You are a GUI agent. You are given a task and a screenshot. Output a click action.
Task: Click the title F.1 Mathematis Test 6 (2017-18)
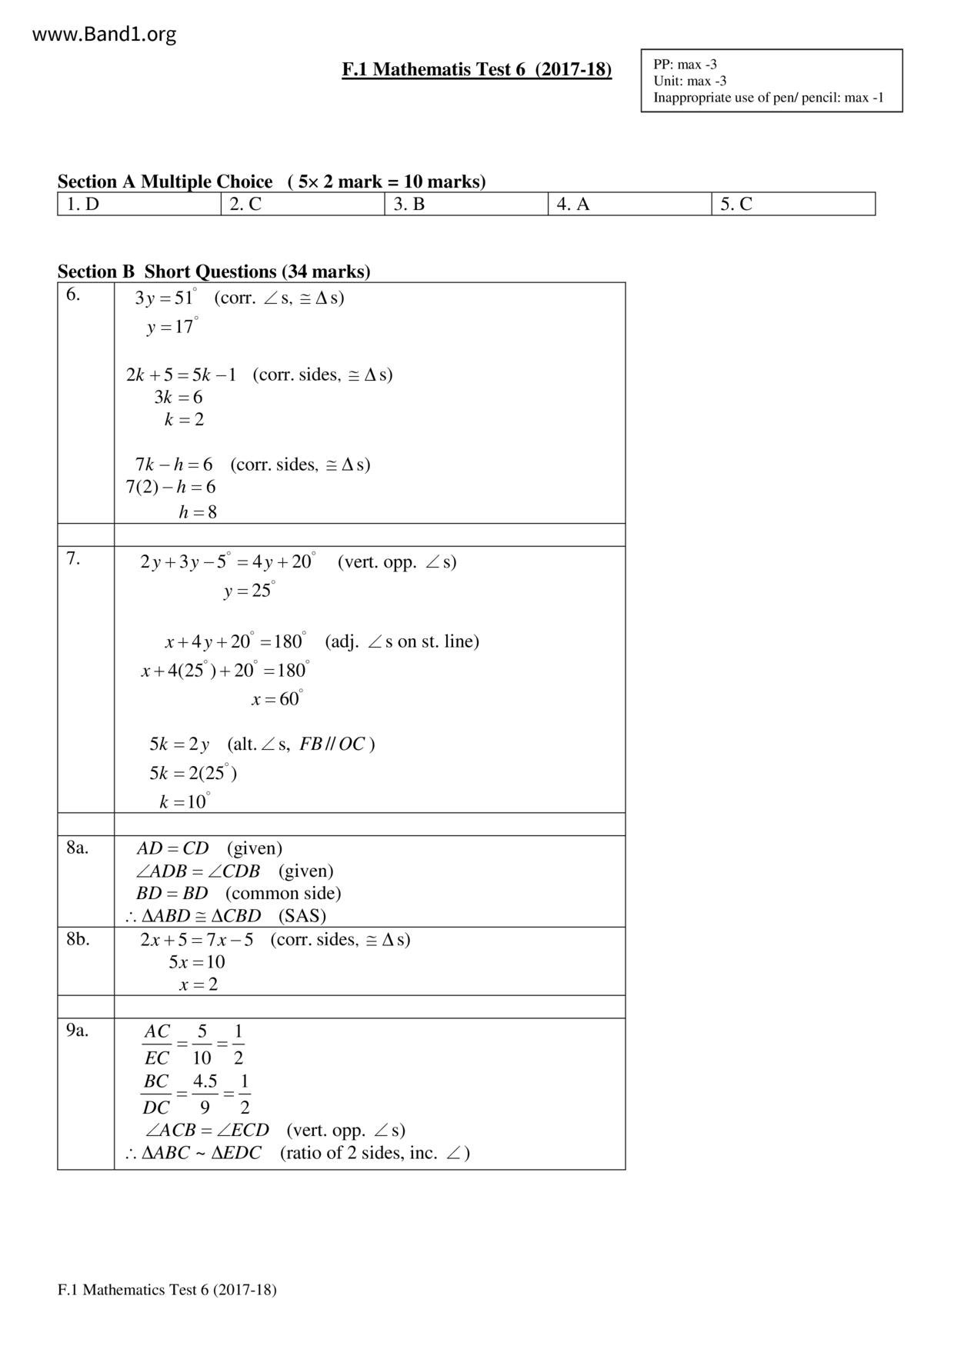[x=476, y=70]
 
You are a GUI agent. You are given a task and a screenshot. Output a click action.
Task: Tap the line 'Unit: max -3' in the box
[x=689, y=81]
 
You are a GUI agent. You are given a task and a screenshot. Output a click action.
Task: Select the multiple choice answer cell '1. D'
[x=83, y=204]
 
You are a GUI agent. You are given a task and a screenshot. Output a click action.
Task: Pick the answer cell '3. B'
[x=409, y=204]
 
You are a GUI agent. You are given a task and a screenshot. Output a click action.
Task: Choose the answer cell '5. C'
[x=736, y=204]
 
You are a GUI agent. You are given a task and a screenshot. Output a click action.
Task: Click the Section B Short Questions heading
[x=213, y=271]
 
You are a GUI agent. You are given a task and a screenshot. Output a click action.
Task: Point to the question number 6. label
[x=73, y=295]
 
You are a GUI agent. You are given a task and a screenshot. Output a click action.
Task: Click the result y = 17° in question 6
[x=172, y=327]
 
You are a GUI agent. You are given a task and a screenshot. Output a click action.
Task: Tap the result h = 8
[x=198, y=512]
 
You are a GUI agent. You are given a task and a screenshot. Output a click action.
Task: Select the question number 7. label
[x=73, y=559]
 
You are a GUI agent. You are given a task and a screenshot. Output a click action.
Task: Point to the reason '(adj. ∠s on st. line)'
[x=402, y=641]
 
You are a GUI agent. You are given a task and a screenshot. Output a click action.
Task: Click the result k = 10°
[x=185, y=802]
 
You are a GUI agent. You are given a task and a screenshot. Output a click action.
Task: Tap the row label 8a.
[x=77, y=848]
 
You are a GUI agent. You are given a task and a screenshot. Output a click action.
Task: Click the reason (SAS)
[x=302, y=916]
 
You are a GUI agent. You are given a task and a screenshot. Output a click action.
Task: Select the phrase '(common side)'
[x=283, y=894]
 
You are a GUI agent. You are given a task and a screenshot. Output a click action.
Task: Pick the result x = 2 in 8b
[x=198, y=984]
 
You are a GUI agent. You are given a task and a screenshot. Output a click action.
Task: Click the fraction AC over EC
[x=157, y=1044]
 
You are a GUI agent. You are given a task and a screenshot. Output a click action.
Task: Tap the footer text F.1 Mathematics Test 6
[x=167, y=1290]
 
